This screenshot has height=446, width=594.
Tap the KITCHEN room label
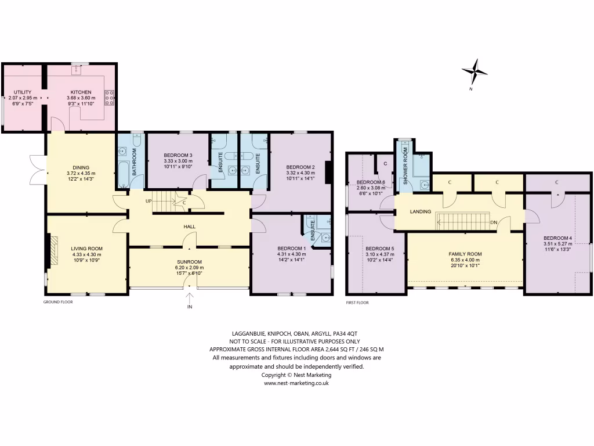tap(81, 92)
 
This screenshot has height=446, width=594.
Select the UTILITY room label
tap(23, 92)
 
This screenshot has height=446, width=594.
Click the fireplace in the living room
tap(53, 250)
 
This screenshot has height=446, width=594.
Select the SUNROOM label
tap(190, 261)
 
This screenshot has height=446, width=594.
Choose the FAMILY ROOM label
tap(465, 254)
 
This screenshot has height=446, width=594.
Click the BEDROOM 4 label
tap(557, 238)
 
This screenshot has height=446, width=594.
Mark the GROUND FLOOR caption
tap(58, 302)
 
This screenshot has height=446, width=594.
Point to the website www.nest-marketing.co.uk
tap(297, 383)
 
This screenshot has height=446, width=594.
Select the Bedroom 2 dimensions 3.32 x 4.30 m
tap(300, 173)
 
